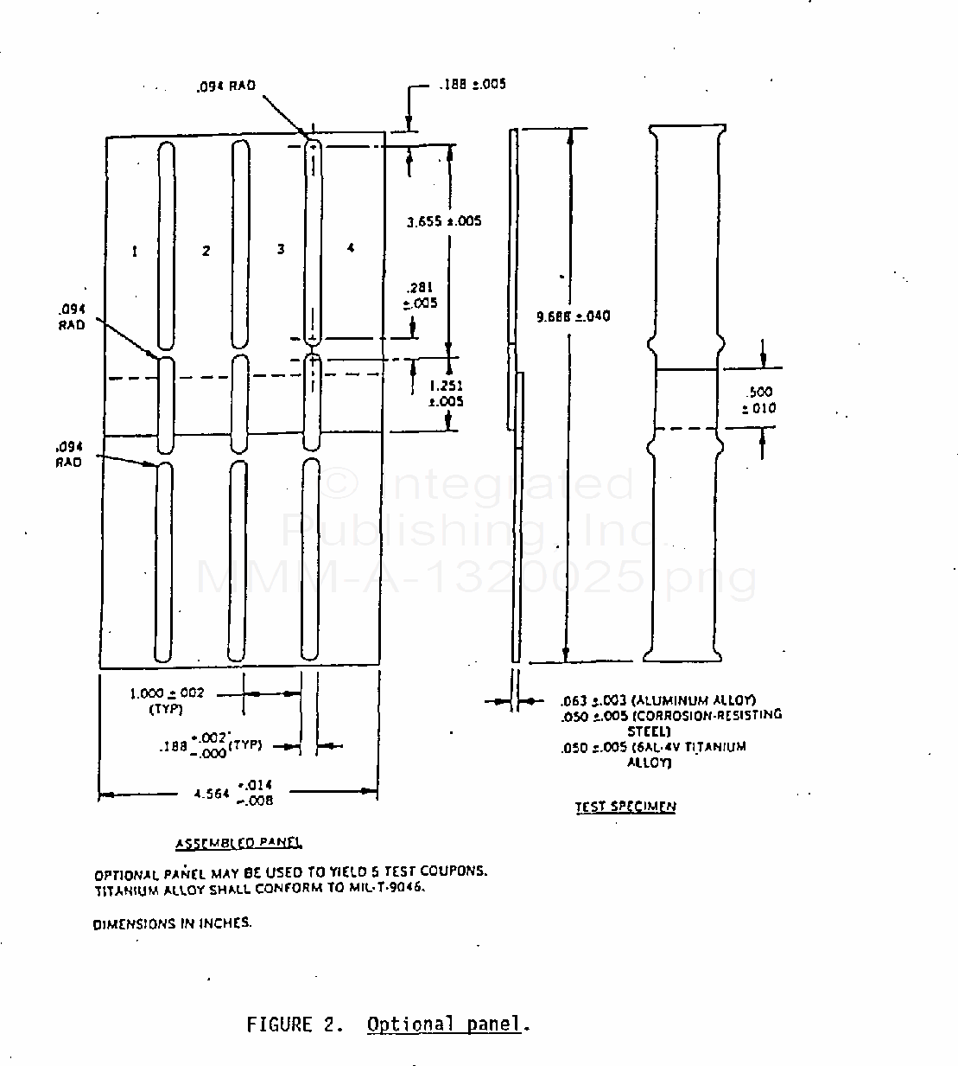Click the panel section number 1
click(135, 252)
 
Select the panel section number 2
click(206, 251)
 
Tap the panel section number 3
click(281, 249)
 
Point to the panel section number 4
click(350, 248)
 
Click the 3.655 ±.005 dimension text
click(444, 221)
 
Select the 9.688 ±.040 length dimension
click(574, 316)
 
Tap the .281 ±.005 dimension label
click(421, 295)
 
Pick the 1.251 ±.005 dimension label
click(446, 393)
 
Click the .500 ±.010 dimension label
click(760, 400)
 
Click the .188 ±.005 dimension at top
click(472, 85)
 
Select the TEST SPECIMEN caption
click(625, 807)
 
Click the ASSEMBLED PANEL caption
click(238, 843)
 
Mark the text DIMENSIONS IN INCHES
click(173, 922)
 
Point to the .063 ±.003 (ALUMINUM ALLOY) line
click(658, 700)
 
